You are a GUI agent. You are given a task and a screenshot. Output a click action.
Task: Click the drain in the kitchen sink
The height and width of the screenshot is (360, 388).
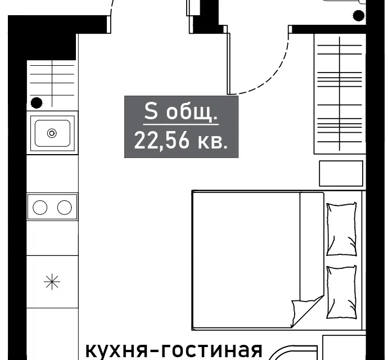click(x=52, y=133)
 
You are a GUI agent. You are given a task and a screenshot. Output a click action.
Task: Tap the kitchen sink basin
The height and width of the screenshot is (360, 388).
click(x=52, y=133)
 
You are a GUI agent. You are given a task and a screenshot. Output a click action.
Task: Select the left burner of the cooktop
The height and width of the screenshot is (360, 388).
click(x=40, y=207)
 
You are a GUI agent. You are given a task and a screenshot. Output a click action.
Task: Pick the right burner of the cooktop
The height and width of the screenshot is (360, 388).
click(x=65, y=207)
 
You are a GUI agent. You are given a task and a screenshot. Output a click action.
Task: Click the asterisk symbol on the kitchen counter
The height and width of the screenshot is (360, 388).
click(x=52, y=282)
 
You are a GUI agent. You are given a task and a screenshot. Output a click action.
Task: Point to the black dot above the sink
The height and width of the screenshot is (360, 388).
click(x=37, y=103)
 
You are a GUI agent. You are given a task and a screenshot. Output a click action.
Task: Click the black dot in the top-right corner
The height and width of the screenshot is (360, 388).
click(x=358, y=16)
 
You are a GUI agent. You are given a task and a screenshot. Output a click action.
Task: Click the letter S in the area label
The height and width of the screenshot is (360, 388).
click(x=151, y=111)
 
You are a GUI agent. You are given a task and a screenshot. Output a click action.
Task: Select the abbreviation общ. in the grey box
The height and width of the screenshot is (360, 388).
click(x=192, y=112)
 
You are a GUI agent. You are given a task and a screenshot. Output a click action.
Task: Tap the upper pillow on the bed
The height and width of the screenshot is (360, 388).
click(x=342, y=229)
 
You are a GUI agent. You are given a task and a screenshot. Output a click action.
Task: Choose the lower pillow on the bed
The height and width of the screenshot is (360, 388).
click(x=342, y=292)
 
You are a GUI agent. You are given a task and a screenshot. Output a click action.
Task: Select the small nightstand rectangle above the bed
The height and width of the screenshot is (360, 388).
click(x=341, y=173)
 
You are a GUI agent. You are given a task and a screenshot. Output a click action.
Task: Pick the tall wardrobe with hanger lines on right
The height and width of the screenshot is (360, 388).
click(x=340, y=94)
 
